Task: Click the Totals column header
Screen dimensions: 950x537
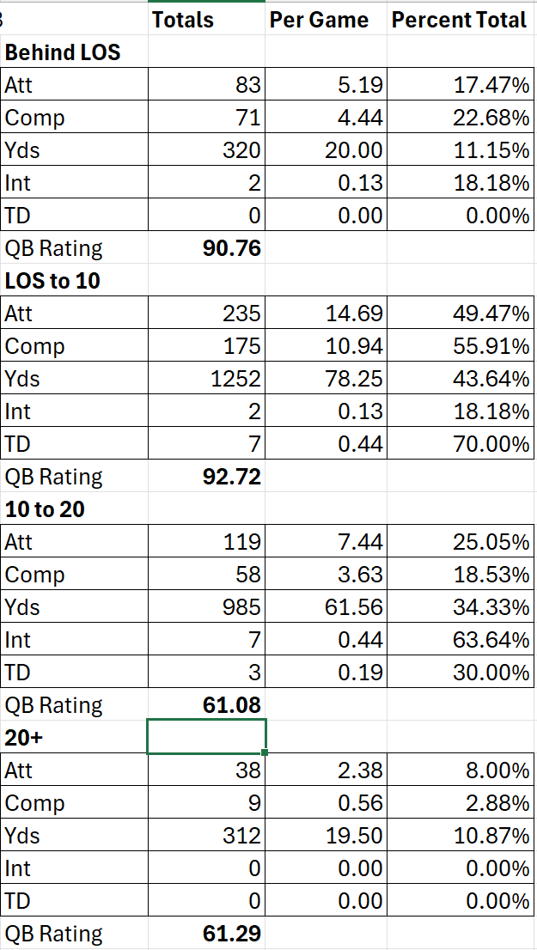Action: [183, 19]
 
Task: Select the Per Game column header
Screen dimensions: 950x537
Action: [319, 19]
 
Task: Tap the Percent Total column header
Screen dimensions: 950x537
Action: [459, 19]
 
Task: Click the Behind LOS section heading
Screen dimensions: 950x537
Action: [63, 52]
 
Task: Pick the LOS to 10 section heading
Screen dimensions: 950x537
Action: [52, 281]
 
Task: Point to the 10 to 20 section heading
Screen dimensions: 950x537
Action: [45, 509]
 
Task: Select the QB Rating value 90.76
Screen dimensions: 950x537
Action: [231, 248]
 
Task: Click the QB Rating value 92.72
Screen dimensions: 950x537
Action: [231, 477]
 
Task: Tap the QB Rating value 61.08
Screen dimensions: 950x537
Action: [231, 705]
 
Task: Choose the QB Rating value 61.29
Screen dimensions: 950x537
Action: [231, 934]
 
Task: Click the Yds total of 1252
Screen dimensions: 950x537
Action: [236, 379]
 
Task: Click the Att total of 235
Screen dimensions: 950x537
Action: [241, 314]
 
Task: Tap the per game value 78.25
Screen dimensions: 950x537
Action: [354, 379]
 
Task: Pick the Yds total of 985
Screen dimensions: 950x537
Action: [241, 607]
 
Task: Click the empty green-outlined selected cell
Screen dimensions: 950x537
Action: [206, 738]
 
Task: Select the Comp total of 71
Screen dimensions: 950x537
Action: [247, 118]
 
